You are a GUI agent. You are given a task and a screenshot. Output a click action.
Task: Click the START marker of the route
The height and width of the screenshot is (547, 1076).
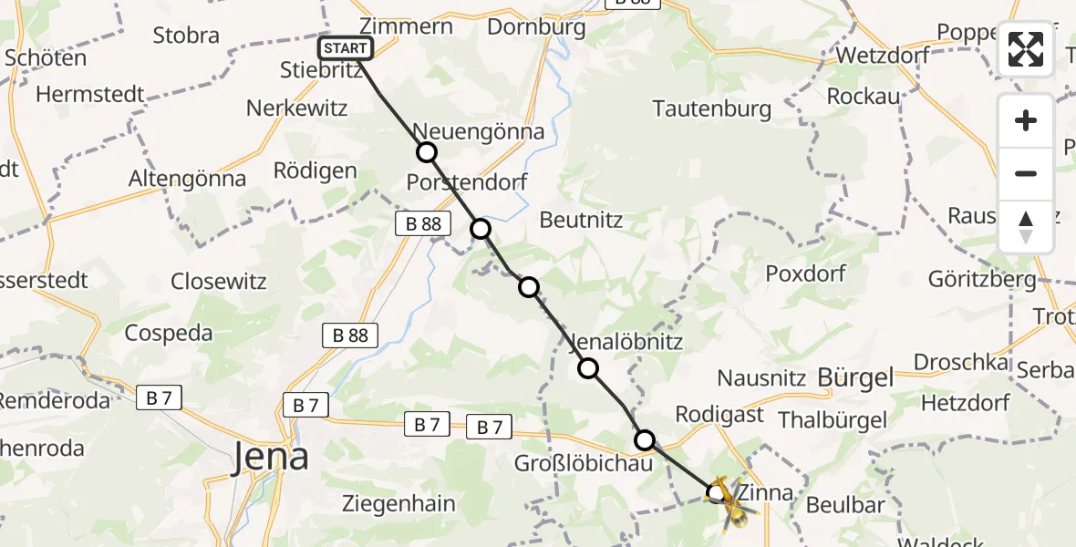pyautogui.click(x=346, y=48)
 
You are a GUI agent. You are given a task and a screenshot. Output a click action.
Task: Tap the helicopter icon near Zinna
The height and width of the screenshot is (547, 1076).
pyautogui.click(x=732, y=503)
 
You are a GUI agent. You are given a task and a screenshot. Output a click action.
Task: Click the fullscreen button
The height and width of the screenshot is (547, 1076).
pyautogui.click(x=1026, y=49)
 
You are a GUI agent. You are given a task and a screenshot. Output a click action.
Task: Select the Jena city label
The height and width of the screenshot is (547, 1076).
pyautogui.click(x=270, y=456)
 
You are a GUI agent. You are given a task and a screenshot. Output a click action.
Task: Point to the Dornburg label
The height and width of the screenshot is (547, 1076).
pyautogui.click(x=536, y=26)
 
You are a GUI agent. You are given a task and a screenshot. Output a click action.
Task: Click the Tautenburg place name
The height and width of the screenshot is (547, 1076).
pyautogui.click(x=712, y=109)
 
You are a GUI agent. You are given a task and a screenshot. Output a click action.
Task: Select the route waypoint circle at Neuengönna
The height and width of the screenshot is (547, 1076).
pyautogui.click(x=426, y=152)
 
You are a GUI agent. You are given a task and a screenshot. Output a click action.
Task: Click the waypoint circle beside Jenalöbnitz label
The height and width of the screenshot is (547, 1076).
pyautogui.click(x=588, y=368)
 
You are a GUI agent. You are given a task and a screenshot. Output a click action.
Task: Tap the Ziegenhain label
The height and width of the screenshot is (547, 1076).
pyautogui.click(x=399, y=502)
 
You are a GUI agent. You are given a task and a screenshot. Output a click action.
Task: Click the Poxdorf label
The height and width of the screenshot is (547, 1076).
pyautogui.click(x=806, y=273)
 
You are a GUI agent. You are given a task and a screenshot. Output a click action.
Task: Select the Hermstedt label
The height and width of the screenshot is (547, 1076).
pyautogui.click(x=91, y=94)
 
